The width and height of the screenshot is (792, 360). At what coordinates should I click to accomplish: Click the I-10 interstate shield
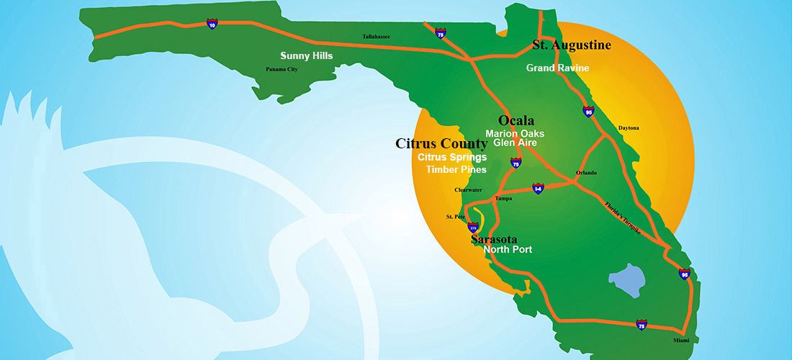point(212,24)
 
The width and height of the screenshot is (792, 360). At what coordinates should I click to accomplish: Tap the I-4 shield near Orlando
point(538,188)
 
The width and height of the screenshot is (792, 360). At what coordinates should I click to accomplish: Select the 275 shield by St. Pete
point(472,226)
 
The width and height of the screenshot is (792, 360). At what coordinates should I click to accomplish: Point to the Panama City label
point(282,70)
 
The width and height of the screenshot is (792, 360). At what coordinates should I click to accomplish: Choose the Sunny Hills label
point(306,55)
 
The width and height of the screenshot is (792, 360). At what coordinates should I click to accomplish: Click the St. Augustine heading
point(572,45)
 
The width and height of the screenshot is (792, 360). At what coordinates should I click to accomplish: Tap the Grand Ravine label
point(557,68)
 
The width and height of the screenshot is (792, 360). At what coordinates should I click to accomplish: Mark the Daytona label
point(628,128)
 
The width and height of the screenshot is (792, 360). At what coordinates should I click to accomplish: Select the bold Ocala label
point(516,120)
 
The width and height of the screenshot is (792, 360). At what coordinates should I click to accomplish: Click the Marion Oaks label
point(514,133)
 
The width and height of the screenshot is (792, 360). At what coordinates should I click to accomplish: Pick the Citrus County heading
point(441,143)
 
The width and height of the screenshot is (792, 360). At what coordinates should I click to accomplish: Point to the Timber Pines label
point(456,170)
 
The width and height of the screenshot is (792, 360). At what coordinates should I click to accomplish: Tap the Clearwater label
point(468,190)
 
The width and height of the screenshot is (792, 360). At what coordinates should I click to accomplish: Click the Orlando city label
point(587,173)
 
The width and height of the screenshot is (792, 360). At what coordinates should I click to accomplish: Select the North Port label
point(508,250)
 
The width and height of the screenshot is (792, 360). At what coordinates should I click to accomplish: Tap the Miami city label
point(691,340)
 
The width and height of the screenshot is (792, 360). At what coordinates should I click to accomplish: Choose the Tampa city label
point(504,198)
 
